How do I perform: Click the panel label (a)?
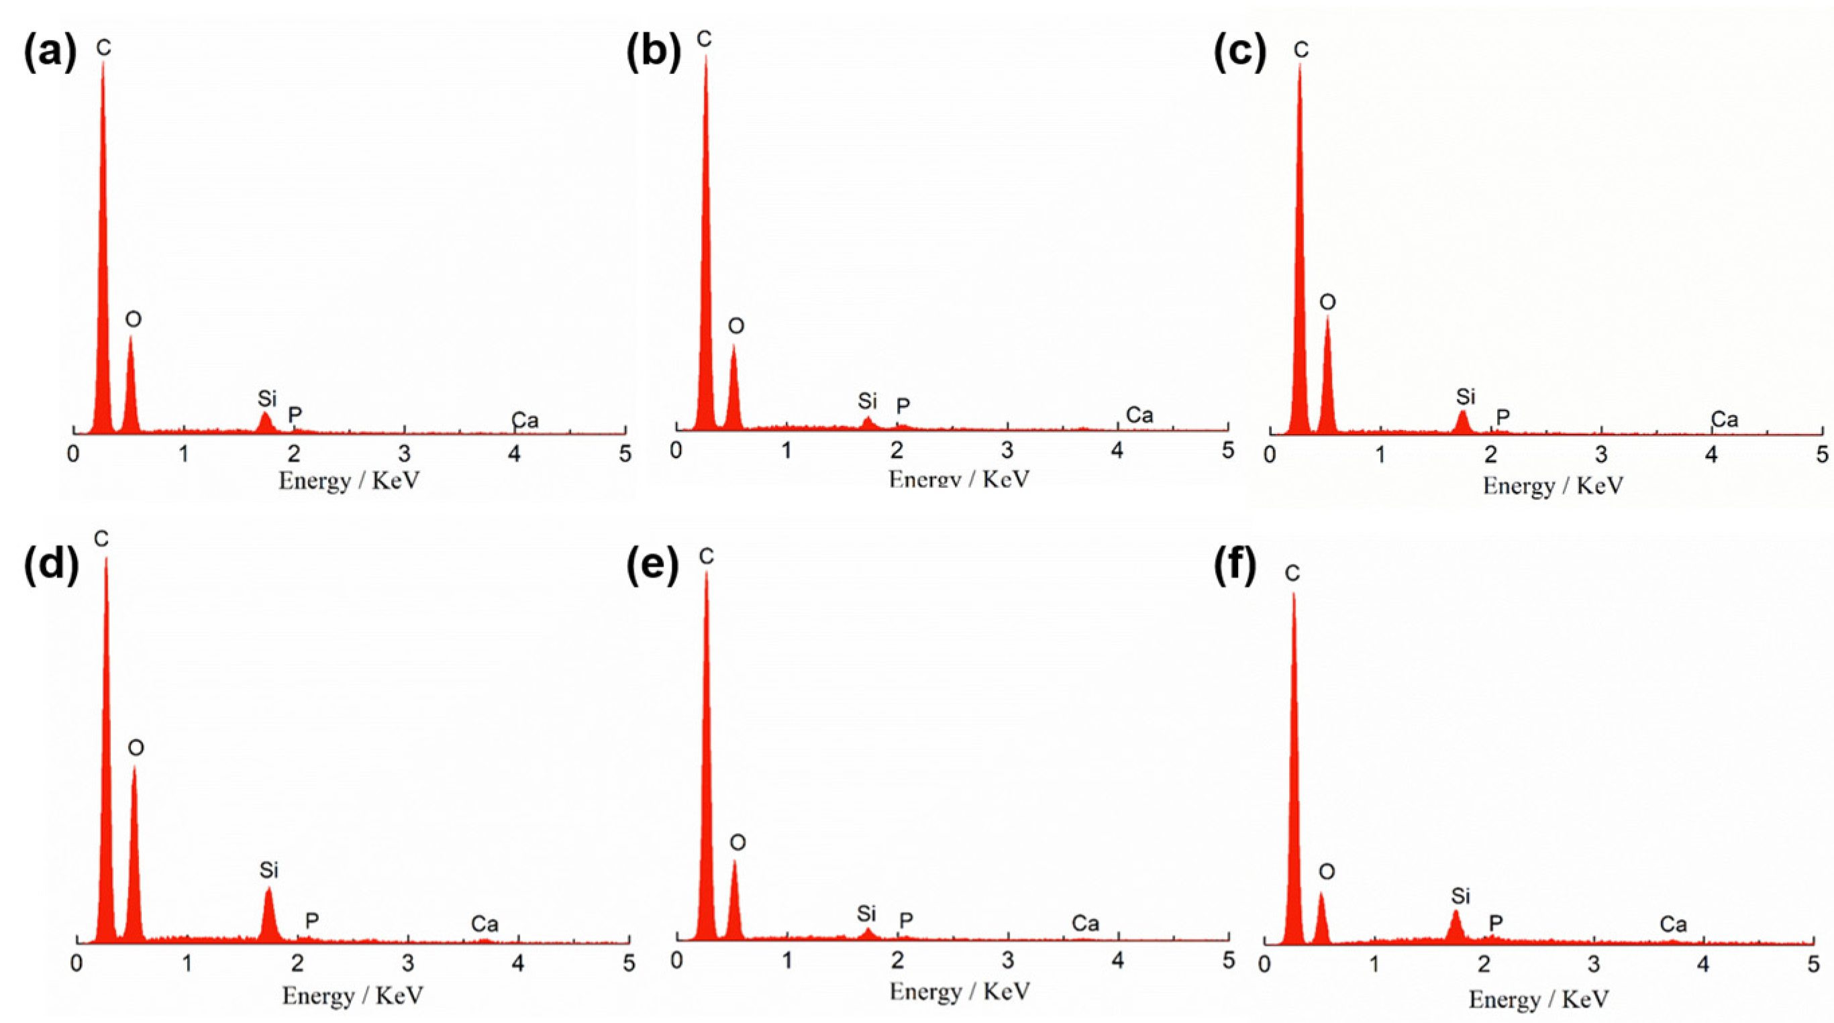click(50, 53)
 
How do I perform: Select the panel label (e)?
click(652, 567)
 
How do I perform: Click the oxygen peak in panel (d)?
click(134, 854)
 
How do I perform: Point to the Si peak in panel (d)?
click(268, 915)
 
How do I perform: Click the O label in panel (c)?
click(1328, 303)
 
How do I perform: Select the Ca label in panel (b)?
click(1139, 415)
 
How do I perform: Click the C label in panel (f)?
click(1292, 573)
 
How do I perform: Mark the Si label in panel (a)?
click(267, 398)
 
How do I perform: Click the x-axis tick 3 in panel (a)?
click(405, 453)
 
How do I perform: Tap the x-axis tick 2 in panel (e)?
click(898, 961)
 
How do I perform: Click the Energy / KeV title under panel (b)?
click(959, 479)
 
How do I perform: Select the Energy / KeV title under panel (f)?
click(1539, 1000)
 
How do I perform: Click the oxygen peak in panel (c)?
click(1327, 377)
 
